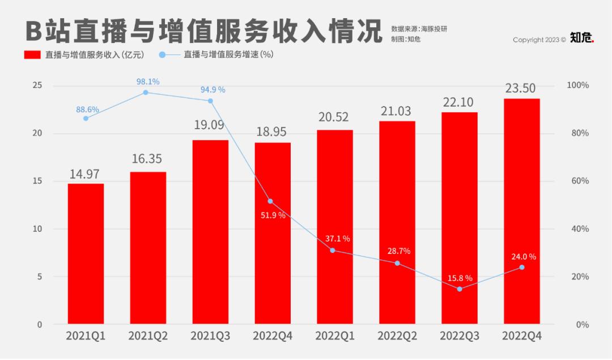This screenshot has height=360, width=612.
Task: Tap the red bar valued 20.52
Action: [x=334, y=227]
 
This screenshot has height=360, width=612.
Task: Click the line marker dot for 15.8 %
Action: [x=459, y=289]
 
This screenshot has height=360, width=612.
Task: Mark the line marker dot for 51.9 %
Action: [x=270, y=201]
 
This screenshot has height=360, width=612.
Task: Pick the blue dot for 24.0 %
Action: [x=521, y=267]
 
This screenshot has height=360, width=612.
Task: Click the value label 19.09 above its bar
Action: [x=210, y=125]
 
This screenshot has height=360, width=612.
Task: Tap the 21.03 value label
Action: [x=397, y=111]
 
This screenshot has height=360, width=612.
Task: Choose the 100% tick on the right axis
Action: [x=578, y=85]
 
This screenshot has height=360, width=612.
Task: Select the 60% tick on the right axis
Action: [x=578, y=181]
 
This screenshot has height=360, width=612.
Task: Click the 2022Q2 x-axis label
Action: [x=397, y=336]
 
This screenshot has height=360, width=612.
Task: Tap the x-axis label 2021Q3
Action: [x=210, y=336]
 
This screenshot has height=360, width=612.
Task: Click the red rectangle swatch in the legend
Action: [x=32, y=55]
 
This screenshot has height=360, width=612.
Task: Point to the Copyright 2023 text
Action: [x=539, y=40]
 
